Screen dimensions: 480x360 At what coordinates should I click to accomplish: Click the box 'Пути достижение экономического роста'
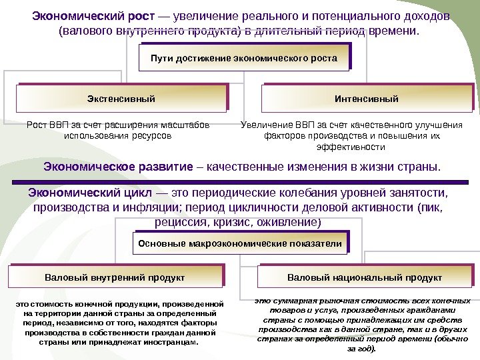[x=244, y=58]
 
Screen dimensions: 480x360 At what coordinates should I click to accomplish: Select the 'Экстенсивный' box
[x=121, y=99]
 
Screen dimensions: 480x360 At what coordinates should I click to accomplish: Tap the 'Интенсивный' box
[x=366, y=99]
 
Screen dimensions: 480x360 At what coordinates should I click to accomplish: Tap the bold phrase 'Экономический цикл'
[x=91, y=193]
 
